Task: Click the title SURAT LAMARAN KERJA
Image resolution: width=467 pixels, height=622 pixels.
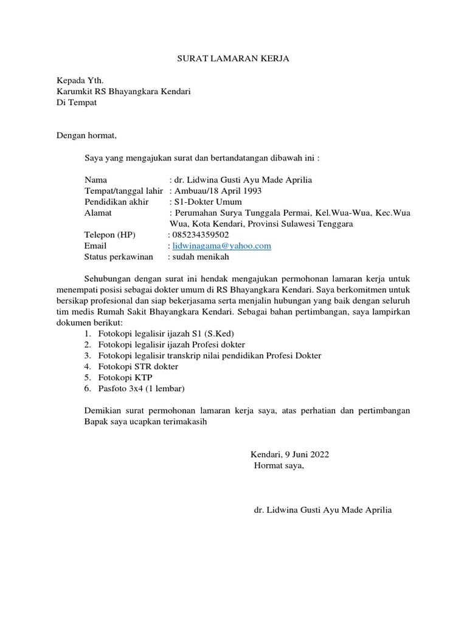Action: click(x=233, y=59)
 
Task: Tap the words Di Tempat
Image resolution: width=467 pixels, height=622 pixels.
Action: click(x=77, y=103)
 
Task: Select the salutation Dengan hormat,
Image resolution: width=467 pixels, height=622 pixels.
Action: click(x=86, y=135)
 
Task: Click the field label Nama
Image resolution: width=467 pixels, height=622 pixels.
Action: click(x=95, y=180)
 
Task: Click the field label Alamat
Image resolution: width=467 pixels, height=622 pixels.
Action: click(x=98, y=213)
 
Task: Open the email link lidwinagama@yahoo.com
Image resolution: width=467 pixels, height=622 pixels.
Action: click(x=221, y=246)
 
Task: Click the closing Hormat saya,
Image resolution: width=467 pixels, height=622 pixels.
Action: click(x=278, y=466)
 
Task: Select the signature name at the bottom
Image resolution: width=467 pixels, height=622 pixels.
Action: click(x=323, y=510)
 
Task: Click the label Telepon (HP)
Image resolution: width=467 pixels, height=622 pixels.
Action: click(x=110, y=235)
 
